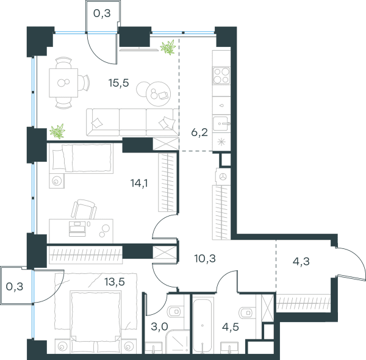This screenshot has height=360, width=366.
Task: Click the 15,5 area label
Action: click(x=118, y=83)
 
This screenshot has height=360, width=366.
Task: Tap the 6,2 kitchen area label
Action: click(x=199, y=132)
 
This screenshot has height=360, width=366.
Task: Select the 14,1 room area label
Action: click(x=139, y=183)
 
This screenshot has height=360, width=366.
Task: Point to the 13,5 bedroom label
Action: click(x=115, y=282)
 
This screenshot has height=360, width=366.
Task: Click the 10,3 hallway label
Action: click(x=205, y=259)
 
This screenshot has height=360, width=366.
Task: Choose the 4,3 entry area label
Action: click(x=301, y=262)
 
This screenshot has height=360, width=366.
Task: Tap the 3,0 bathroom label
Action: click(x=159, y=326)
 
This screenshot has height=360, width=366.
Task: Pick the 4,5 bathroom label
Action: click(x=231, y=327)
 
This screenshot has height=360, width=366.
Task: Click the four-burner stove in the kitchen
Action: click(x=221, y=76)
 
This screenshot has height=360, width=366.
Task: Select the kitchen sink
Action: click(x=221, y=123)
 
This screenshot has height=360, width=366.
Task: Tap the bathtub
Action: click(x=202, y=325)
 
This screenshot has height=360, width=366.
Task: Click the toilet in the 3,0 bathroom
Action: click(x=174, y=311)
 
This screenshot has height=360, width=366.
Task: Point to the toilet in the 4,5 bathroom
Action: click(x=247, y=312)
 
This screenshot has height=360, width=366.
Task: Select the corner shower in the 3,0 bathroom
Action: click(x=178, y=342)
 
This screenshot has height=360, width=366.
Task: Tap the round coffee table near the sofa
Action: click(x=158, y=94)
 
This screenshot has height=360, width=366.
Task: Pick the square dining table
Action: click(x=63, y=83)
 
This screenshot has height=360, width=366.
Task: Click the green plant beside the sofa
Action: click(x=57, y=131)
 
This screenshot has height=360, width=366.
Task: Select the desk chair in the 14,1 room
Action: click(x=84, y=209)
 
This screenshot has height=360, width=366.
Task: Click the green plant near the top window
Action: click(x=168, y=47)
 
